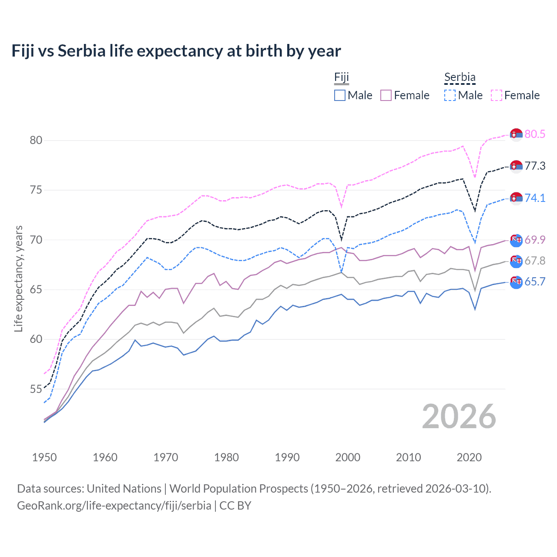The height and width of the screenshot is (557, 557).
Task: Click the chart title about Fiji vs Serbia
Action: [176, 51]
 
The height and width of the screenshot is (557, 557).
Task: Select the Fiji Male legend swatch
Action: [340, 95]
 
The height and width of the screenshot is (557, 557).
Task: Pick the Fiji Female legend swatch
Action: [386, 95]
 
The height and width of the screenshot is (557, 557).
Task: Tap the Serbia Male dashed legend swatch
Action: [450, 95]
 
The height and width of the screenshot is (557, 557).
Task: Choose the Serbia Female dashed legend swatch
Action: [497, 95]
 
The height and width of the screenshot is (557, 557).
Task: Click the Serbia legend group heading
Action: [460, 77]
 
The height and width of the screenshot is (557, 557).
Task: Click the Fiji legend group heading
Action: [342, 77]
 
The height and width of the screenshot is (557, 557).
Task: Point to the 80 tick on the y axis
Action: [36, 140]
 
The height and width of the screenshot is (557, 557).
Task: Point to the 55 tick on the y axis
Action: [36, 389]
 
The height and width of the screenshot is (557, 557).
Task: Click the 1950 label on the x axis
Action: [44, 457]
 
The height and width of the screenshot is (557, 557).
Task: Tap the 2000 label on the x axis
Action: [348, 457]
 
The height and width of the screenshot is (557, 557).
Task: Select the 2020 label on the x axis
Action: [469, 457]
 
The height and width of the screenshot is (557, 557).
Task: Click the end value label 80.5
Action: [535, 134]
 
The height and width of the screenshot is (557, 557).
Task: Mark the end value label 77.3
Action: [535, 166]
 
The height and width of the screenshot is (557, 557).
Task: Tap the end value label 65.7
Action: [535, 282]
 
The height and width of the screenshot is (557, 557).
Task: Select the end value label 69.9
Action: [535, 240]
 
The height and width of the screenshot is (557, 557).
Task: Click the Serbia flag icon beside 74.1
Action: [516, 198]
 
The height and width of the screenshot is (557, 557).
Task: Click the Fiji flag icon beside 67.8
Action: [516, 261]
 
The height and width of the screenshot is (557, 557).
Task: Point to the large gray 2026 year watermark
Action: [459, 416]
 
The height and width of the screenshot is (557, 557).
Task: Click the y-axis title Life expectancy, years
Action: [19, 278]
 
